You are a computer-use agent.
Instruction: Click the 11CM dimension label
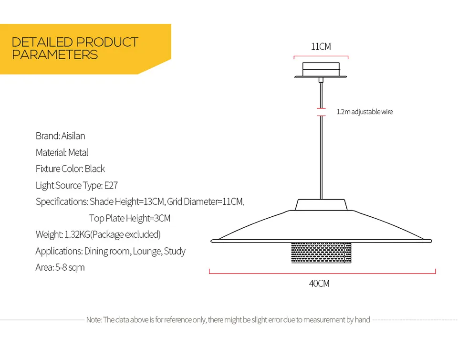point(321,47)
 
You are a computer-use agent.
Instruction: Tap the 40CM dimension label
point(319,284)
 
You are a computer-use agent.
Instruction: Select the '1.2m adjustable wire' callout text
point(364,112)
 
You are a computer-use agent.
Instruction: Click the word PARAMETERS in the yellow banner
point(55,55)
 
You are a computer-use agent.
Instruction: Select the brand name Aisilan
point(73,136)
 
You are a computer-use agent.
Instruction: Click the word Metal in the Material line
point(78,153)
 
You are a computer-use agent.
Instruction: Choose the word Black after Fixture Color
point(95,169)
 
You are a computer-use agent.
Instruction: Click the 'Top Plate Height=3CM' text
point(130,218)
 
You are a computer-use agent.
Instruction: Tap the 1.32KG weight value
point(77,234)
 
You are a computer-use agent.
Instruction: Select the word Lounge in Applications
point(147,251)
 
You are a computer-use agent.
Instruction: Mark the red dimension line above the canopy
point(321,57)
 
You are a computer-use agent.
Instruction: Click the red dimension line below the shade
point(323,273)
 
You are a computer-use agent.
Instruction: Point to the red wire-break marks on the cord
point(321,112)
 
